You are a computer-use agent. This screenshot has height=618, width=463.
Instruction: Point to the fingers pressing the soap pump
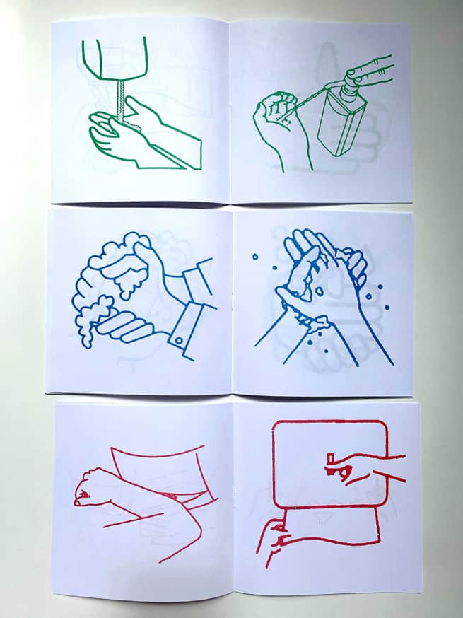(x=372, y=68)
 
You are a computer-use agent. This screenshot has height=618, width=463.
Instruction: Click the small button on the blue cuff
(x=180, y=342)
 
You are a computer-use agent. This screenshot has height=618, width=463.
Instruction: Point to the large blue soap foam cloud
(x=113, y=265)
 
